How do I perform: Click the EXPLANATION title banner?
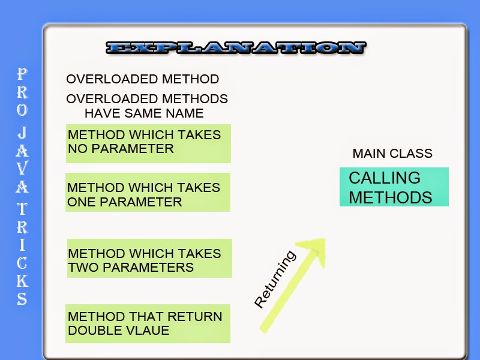point(235,49)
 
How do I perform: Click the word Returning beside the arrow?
point(275,280)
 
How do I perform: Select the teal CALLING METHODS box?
point(394,187)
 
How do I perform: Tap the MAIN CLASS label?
point(392,154)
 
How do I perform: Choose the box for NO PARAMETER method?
point(148,143)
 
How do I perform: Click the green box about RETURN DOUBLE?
point(148,323)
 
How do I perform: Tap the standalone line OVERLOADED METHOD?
point(143,79)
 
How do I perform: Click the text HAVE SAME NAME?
point(144,113)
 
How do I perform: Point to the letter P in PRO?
point(22,74)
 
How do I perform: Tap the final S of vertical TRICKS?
point(22,298)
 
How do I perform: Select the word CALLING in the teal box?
point(385,178)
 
